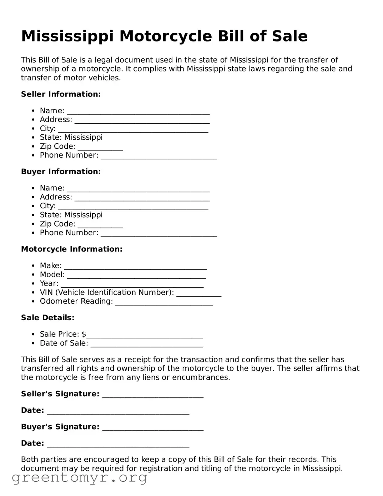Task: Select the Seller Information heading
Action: point(61,94)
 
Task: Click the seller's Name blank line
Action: point(138,112)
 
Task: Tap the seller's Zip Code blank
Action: point(100,148)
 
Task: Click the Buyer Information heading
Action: point(61,172)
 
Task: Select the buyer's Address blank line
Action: point(142,198)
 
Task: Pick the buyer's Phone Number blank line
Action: point(158,234)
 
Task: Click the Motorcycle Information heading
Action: point(71,249)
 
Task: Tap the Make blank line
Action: point(135,267)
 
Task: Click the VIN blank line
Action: point(199,294)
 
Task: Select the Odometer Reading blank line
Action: point(164,303)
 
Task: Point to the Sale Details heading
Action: point(47,318)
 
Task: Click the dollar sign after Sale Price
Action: point(84,334)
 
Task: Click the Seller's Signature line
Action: point(153,395)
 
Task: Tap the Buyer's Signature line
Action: point(153,428)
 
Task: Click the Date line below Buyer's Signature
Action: point(118,445)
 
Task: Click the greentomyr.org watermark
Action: point(79,477)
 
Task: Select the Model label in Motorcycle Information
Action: point(52,274)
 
